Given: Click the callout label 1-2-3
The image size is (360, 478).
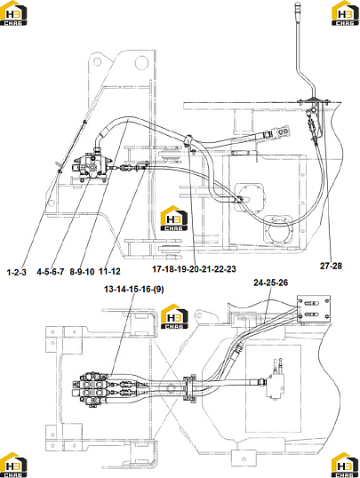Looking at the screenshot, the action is click(17, 272).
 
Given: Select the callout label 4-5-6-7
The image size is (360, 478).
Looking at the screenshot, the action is click(51, 271).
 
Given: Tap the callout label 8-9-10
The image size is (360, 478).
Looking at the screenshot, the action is click(82, 271).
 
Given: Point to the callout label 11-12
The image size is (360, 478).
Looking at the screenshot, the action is click(109, 271).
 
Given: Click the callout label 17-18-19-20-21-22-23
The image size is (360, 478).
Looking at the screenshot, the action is click(194, 269).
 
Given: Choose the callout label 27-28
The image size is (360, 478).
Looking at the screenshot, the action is click(331, 266).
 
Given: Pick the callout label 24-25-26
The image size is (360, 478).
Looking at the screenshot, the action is click(270, 283).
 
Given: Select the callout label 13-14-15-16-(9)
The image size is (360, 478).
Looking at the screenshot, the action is click(134, 289).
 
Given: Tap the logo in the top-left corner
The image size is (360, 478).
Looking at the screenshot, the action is click(13, 13).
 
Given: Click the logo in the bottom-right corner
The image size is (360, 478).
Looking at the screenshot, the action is click(345, 465).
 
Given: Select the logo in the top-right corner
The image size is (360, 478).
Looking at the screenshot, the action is click(345, 13).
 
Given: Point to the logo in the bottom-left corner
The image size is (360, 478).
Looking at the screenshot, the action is click(13, 465).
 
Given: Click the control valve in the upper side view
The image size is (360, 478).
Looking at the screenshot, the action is click(91, 167).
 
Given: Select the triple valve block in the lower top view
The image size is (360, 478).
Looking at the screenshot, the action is click(91, 388).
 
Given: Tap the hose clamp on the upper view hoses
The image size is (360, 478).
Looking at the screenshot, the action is click(189, 142).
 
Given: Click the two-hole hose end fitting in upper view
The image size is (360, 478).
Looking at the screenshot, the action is click(281, 131).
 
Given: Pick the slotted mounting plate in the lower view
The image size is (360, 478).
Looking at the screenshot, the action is click(314, 308).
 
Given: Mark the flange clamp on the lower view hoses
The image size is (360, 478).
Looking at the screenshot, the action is click(189, 388).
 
